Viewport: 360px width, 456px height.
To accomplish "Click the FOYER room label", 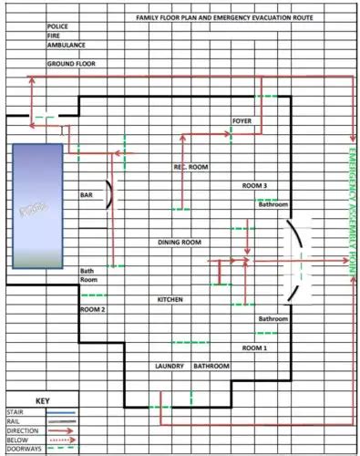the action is click(242, 120).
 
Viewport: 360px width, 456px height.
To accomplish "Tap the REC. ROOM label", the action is click(192, 168).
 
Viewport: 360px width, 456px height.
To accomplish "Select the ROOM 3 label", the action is click(254, 186).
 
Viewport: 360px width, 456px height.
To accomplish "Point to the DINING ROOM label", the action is click(180, 243).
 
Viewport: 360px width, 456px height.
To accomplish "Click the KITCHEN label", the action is click(170, 299).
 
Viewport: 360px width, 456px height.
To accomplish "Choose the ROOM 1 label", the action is click(254, 348).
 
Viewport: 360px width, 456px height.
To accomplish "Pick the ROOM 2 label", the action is click(93, 310).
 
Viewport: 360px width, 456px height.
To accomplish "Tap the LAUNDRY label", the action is click(170, 367).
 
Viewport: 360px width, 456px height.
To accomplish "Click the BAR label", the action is click(87, 195).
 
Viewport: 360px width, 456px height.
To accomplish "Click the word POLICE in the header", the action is click(57, 27).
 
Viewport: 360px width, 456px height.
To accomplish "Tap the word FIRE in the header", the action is click(53, 37).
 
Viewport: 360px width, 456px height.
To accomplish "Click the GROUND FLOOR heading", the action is click(71, 65).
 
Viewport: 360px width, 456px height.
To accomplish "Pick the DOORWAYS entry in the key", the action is click(23, 449).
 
